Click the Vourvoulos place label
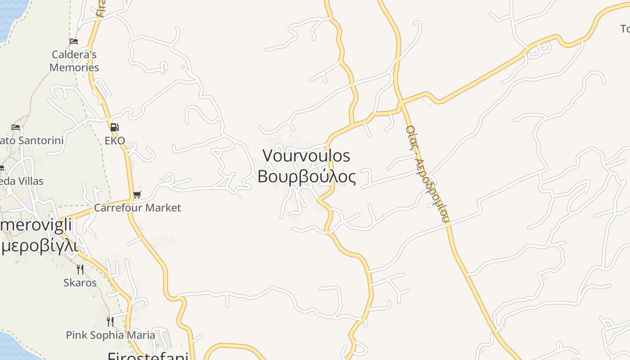[x=306, y=156]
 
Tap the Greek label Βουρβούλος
[x=306, y=176]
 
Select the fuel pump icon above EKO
[x=114, y=127]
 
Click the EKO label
[x=115, y=140]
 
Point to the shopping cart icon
[x=137, y=194]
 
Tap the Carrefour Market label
[x=137, y=207]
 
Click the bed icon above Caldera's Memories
[x=74, y=41]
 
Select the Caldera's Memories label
[x=74, y=61]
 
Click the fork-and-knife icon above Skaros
[x=80, y=269]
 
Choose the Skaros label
[x=80, y=283]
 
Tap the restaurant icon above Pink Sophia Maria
[x=110, y=321]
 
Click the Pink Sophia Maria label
[x=110, y=335]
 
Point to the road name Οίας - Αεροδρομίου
[x=427, y=174]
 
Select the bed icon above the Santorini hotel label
[x=16, y=127]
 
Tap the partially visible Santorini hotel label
[x=31, y=140]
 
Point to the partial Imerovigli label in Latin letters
[x=36, y=225]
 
